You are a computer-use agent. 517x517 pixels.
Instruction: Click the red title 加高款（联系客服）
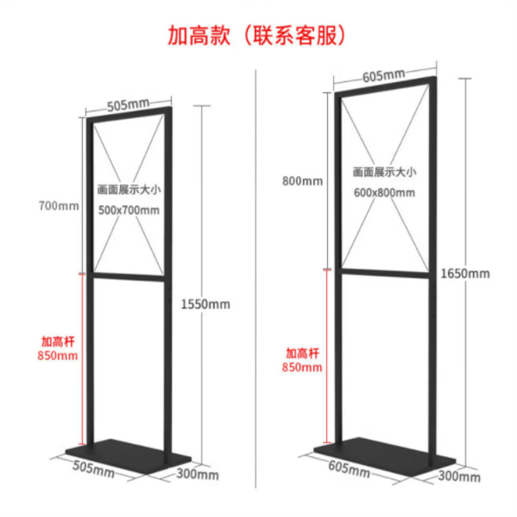[257, 34]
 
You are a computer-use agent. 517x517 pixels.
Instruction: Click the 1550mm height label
[205, 304]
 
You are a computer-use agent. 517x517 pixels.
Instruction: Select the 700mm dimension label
[59, 205]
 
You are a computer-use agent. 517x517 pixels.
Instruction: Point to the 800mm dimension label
[301, 181]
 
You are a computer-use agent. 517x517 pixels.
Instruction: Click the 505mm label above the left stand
[128, 105]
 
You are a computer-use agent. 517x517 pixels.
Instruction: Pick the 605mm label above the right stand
[384, 74]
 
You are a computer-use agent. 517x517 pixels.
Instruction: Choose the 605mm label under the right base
[349, 471]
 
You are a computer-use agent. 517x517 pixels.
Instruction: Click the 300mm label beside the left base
[198, 474]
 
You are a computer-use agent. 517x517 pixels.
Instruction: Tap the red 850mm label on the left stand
[59, 356]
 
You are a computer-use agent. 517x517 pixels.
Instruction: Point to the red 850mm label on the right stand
[302, 367]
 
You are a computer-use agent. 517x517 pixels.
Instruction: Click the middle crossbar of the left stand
[128, 276]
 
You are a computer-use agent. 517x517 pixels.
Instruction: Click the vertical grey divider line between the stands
[256, 276]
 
